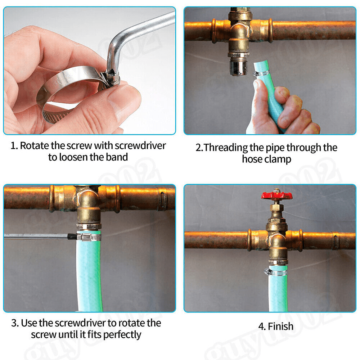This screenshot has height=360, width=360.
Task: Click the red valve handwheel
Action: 276,195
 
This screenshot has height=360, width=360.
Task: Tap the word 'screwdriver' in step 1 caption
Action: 140,145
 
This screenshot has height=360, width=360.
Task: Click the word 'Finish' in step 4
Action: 280,326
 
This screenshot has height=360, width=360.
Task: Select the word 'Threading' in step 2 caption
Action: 226,148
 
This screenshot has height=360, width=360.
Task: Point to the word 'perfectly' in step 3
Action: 122,335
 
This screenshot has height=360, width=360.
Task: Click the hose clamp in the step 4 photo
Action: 276,273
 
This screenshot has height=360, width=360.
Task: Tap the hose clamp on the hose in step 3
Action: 89,237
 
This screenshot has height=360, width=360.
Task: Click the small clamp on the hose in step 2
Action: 261,73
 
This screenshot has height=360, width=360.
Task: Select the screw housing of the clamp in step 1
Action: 110,78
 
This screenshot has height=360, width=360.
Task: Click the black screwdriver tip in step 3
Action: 72,236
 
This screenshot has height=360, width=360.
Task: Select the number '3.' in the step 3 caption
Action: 15,323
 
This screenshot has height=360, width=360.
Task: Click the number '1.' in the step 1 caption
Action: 14,146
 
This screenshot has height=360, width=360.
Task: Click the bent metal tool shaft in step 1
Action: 138,35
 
